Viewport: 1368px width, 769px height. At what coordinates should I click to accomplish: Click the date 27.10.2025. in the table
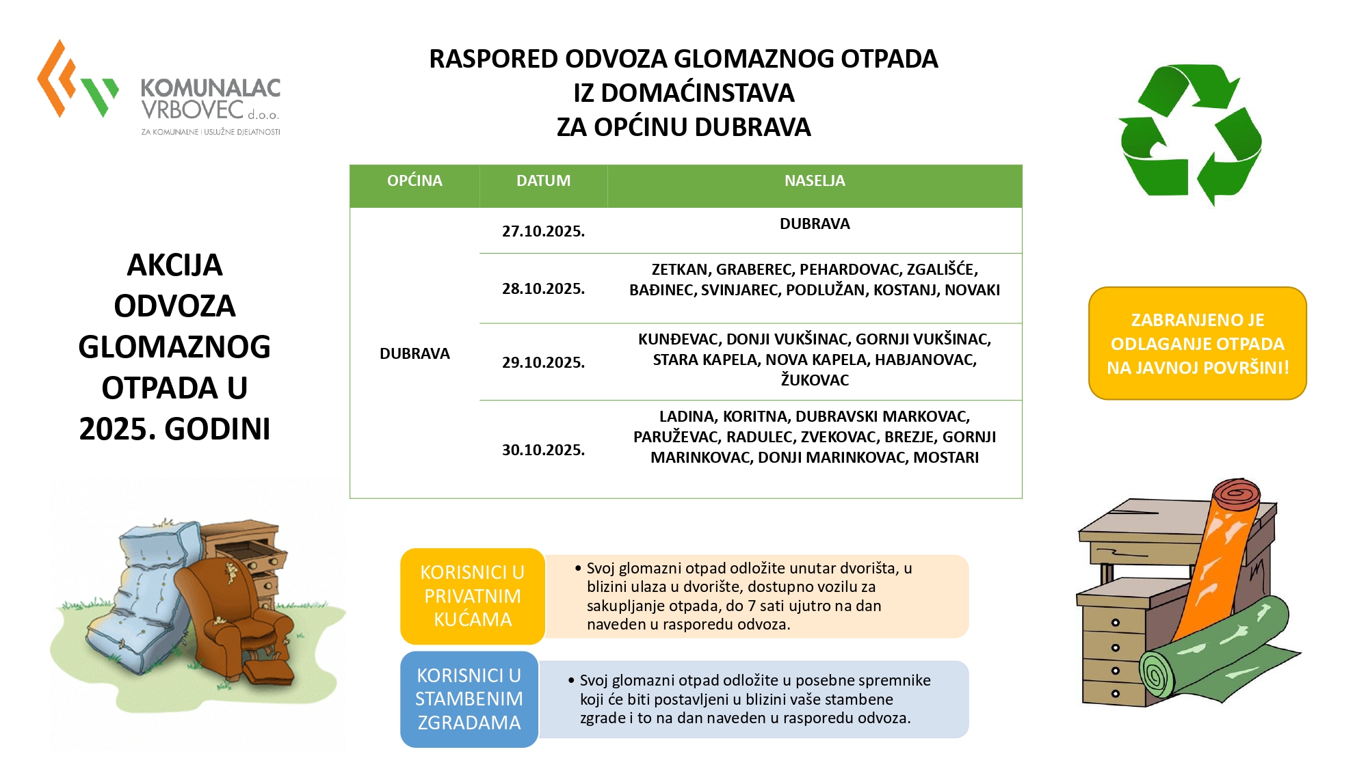(543, 231)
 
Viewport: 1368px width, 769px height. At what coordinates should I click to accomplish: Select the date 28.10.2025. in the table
(543, 288)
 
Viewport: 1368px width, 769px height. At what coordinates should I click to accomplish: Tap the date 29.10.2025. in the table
(543, 362)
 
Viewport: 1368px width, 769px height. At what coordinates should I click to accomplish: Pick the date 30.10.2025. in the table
(543, 450)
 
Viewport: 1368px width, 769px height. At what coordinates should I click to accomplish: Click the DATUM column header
(543, 181)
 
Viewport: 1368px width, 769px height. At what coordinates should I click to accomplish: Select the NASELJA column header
(814, 181)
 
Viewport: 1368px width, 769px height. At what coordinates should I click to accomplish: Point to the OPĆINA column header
(415, 181)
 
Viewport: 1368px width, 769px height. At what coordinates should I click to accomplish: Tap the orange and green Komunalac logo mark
(75, 82)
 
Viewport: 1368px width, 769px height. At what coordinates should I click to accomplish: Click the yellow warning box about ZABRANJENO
(1197, 343)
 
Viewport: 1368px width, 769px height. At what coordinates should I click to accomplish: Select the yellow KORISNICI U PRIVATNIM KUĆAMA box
(472, 596)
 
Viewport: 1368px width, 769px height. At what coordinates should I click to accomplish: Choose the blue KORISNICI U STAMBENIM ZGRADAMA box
(469, 699)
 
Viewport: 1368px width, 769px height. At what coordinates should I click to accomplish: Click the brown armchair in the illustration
(233, 615)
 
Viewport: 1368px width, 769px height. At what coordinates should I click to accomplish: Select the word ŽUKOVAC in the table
(815, 380)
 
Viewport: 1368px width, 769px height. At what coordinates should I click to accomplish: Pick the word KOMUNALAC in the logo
(211, 88)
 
